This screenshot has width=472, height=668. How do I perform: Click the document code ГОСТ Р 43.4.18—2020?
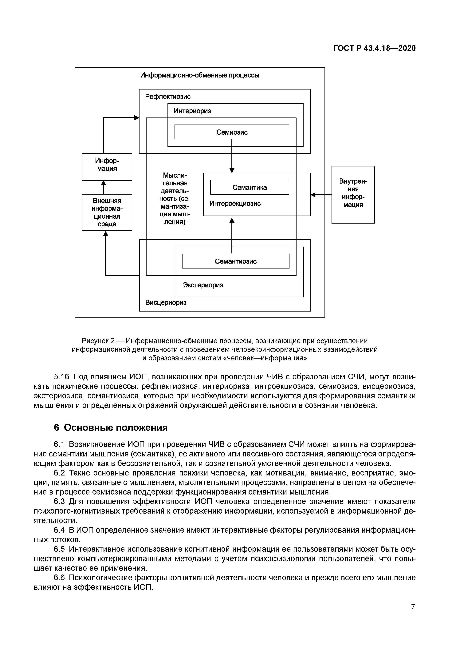point(374,48)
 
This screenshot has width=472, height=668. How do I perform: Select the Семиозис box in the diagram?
point(232,132)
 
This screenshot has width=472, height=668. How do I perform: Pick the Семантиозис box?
point(236,261)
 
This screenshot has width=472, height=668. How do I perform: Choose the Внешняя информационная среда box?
point(107,212)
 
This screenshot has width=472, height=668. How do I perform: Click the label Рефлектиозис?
point(168,97)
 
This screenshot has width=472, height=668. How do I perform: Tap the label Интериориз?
point(192,111)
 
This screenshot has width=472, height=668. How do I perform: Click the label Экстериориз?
point(203,285)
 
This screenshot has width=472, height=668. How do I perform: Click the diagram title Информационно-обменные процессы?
point(200,75)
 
